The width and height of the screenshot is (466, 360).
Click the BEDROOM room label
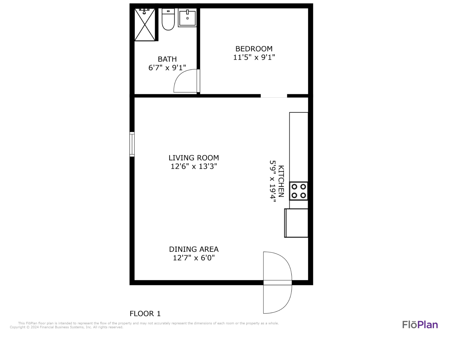[x=254, y=49]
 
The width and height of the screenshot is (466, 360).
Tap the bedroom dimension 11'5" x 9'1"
[x=254, y=57]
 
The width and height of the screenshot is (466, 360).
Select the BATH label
[x=167, y=59]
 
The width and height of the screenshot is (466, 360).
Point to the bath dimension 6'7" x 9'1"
[x=167, y=68]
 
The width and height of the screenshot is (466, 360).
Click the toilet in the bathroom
[x=168, y=19]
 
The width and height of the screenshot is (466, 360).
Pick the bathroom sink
[x=187, y=18]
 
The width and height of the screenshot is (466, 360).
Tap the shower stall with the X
[x=145, y=24]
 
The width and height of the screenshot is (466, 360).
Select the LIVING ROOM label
[x=194, y=158]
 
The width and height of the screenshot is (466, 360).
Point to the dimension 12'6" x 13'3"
[x=194, y=166]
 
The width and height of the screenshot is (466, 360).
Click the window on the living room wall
[x=132, y=144]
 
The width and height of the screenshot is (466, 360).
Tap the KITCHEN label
[x=281, y=181]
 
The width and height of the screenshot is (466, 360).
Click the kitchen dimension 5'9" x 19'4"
[x=273, y=181]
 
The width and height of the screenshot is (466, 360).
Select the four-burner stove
[x=299, y=191]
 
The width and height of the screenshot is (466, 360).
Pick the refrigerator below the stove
[x=296, y=223]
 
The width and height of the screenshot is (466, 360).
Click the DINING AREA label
[x=194, y=249]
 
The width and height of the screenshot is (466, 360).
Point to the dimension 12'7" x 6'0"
[x=194, y=258]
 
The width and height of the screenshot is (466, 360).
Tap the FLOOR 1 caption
[x=145, y=314]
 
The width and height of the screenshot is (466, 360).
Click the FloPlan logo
[x=420, y=325]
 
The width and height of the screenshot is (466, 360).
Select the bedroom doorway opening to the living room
[x=274, y=96]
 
